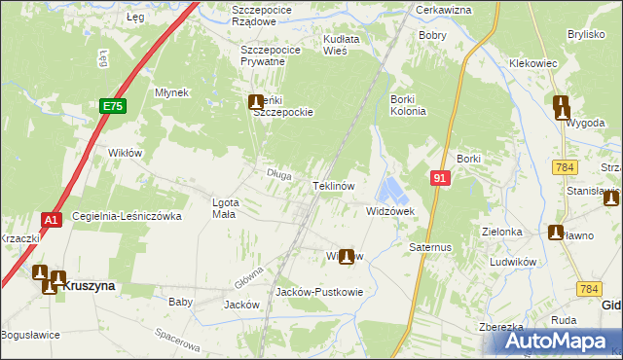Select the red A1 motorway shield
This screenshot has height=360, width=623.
(x=53, y=220)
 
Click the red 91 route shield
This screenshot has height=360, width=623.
(x=440, y=178)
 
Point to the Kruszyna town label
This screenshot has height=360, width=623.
(x=95, y=286)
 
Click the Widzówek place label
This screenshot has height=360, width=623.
(x=390, y=210)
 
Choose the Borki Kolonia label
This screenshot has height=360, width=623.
(x=408, y=105)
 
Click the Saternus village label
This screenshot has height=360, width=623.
(x=431, y=247)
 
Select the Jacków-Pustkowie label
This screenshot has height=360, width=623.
(x=319, y=291)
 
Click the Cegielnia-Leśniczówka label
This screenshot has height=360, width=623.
(x=127, y=216)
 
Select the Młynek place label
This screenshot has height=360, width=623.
(x=170, y=92)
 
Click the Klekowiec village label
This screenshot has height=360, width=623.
(x=532, y=62)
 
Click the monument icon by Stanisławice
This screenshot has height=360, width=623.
(x=610, y=199)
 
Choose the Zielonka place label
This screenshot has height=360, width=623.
(x=502, y=233)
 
